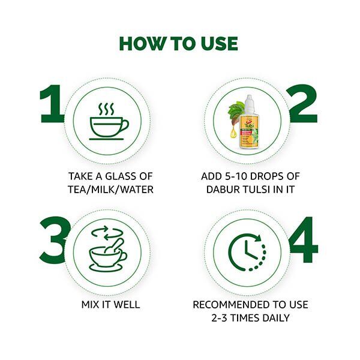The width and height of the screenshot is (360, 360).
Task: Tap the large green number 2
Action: point(304,103)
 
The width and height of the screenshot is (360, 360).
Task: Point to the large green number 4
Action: point(304,239)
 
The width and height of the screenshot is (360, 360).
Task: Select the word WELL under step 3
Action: point(127,305)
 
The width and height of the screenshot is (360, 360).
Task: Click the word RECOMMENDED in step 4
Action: point(231,305)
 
